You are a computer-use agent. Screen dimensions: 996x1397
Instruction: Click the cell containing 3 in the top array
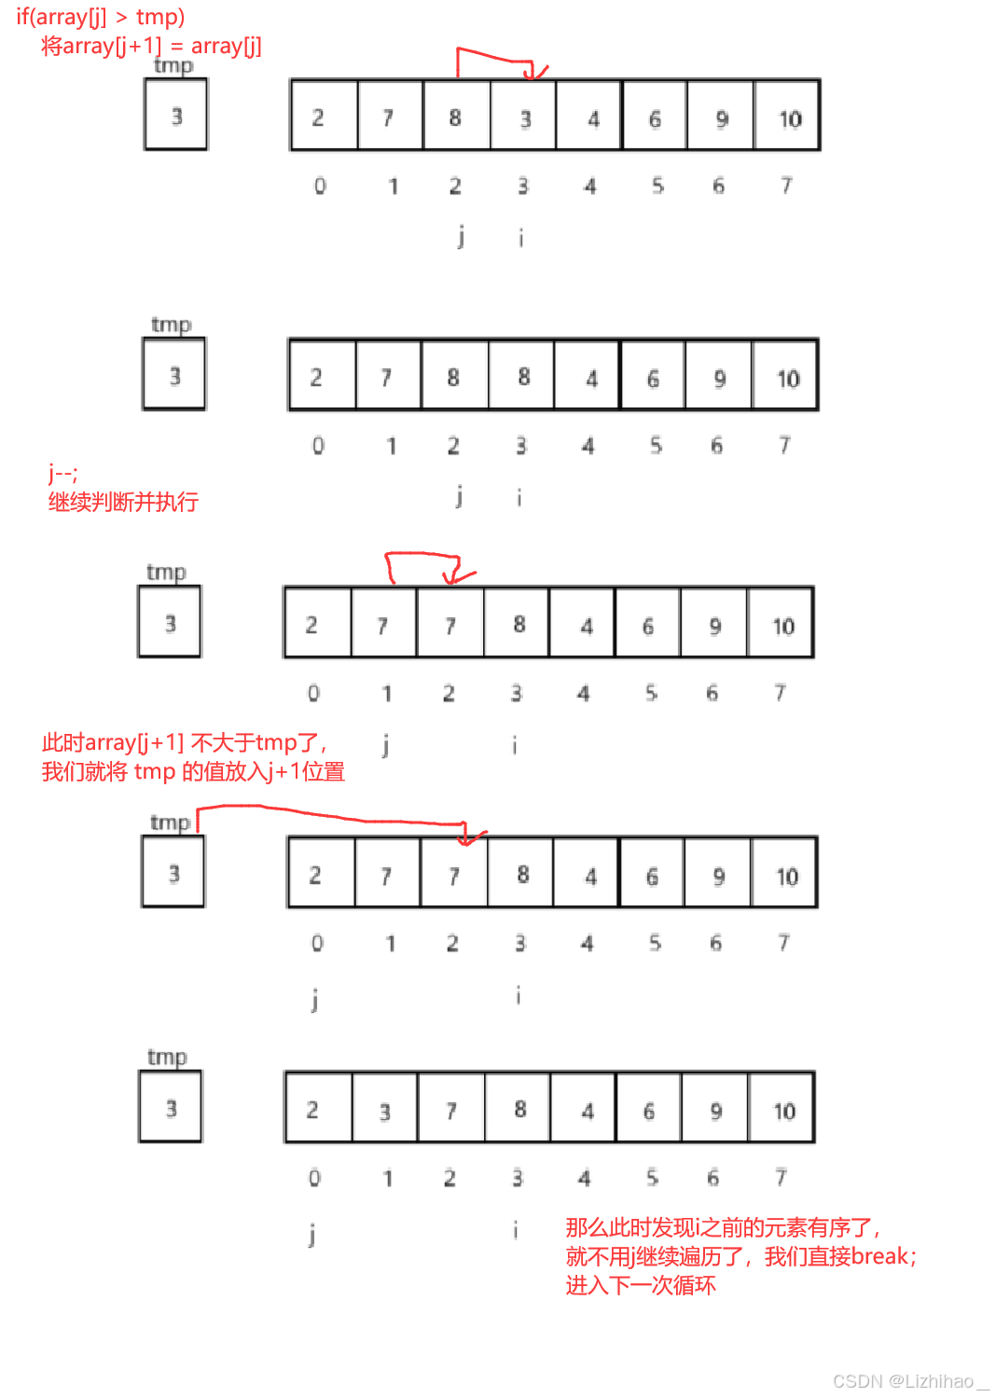[x=523, y=117]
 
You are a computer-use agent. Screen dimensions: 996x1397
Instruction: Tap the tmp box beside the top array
[x=176, y=115]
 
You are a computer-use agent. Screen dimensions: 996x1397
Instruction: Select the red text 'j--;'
[x=63, y=473]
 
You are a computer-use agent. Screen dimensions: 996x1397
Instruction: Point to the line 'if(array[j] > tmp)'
[x=101, y=17]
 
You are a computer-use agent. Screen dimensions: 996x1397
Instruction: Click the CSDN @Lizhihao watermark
[x=909, y=1381]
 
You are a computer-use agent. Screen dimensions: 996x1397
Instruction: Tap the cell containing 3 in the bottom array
[x=385, y=1109]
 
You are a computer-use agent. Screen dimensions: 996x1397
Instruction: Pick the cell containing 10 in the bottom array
[x=782, y=1109]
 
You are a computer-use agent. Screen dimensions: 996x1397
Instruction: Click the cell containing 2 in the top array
[x=319, y=117]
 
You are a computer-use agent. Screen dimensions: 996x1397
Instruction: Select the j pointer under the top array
[x=461, y=237]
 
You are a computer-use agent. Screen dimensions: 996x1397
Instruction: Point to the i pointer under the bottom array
[x=515, y=1231]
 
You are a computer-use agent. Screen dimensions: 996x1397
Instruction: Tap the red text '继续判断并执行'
[x=123, y=503]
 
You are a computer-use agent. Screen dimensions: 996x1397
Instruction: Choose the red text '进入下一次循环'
[x=641, y=1285]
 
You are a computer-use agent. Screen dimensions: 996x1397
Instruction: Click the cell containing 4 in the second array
[x=589, y=377]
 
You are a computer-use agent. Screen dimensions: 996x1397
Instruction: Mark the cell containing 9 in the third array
[x=714, y=625]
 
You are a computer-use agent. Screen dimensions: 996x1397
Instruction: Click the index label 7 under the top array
[x=786, y=186]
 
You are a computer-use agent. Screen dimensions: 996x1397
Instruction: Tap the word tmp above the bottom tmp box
[x=167, y=1057]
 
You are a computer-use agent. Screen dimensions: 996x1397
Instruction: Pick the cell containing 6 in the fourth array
[x=652, y=875]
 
